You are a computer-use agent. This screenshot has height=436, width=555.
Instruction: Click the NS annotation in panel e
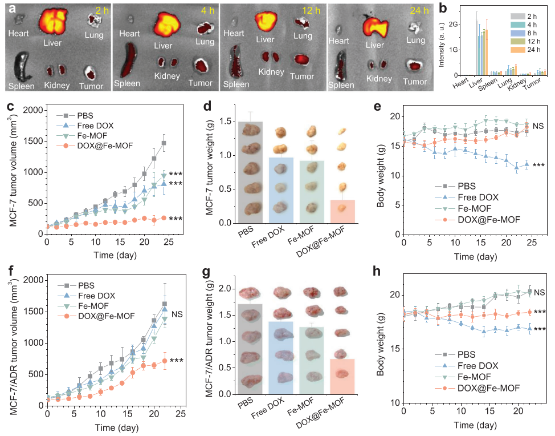coord(538,125)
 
